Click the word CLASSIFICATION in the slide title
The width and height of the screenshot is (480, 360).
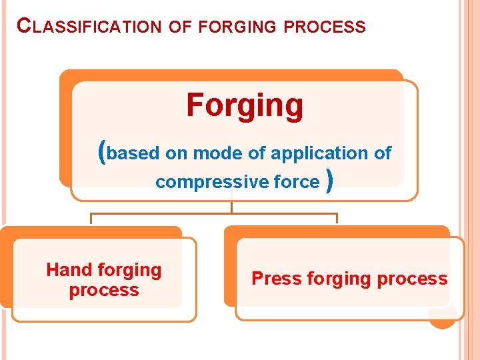pos(89,27)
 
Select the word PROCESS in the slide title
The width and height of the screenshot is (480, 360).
pos(324,27)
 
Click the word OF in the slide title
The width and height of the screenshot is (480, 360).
pos(180,27)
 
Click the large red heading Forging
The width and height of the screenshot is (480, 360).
pos(245,105)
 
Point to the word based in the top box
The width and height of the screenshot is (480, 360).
pos(133,153)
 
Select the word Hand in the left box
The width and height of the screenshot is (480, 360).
pos(68,270)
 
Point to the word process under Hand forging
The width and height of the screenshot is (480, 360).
pos(104,291)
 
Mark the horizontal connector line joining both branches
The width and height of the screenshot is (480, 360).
pos(213,214)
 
